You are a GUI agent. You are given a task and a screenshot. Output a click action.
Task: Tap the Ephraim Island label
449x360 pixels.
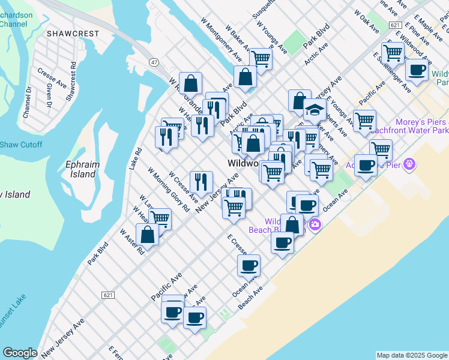[80, 169]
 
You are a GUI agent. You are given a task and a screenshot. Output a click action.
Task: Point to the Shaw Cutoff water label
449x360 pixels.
[21, 145]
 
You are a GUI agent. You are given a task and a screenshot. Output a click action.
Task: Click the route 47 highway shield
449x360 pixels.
[154, 62]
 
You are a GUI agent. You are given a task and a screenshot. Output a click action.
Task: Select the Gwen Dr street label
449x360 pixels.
[49, 94]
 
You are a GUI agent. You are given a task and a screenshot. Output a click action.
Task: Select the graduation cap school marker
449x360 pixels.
[314, 110]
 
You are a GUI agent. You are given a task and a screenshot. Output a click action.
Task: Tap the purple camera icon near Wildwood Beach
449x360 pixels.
[314, 225]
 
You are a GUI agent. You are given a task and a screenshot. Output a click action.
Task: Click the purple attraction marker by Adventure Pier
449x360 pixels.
[409, 163]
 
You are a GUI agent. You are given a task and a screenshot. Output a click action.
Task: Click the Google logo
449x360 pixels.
[20, 353]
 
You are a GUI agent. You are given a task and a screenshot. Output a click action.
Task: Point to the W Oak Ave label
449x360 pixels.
[366, 21]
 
